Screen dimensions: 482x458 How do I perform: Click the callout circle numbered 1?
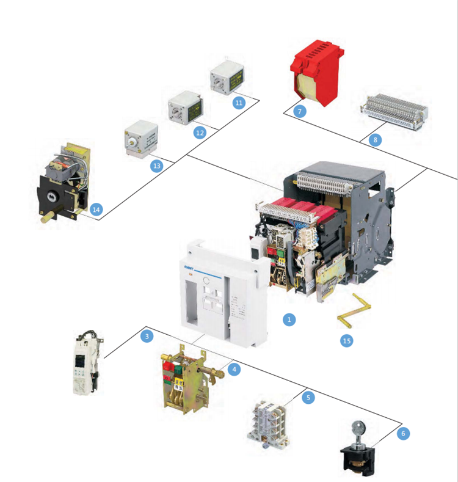click(x=290, y=319)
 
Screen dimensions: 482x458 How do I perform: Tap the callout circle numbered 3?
click(x=147, y=335)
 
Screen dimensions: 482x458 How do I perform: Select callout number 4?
click(x=233, y=369)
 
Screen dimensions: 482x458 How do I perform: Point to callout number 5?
click(x=308, y=397)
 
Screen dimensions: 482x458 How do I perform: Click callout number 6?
click(x=403, y=433)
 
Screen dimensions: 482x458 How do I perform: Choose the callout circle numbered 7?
click(x=299, y=111)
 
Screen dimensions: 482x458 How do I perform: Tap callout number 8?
click(x=376, y=140)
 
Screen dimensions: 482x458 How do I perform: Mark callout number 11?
click(x=239, y=103)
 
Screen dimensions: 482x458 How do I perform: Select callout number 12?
click(x=200, y=132)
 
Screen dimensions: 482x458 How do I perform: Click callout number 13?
click(x=156, y=165)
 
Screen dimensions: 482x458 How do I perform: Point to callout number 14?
click(x=95, y=209)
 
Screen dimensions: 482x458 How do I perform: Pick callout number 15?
click(x=347, y=341)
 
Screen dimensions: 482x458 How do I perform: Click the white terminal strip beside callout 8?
click(x=394, y=111)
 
